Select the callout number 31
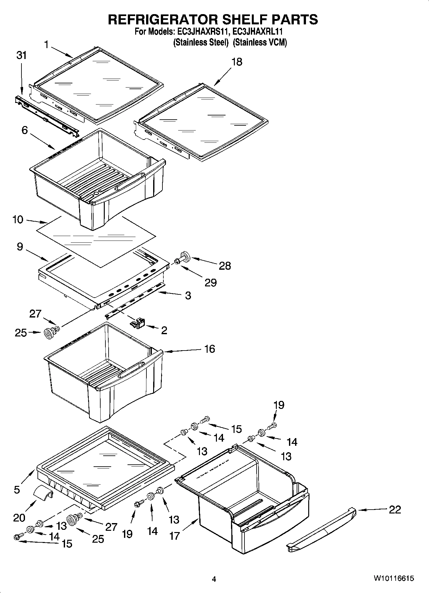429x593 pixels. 21,55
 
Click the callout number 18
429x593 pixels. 237,62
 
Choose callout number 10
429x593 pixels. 18,220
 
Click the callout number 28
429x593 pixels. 225,266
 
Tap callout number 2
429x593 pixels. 164,330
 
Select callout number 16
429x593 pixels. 210,349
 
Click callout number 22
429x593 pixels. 395,510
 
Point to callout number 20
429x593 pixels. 19,517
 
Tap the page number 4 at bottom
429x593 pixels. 214,579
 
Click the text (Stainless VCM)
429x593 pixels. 260,42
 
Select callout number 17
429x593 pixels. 175,536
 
